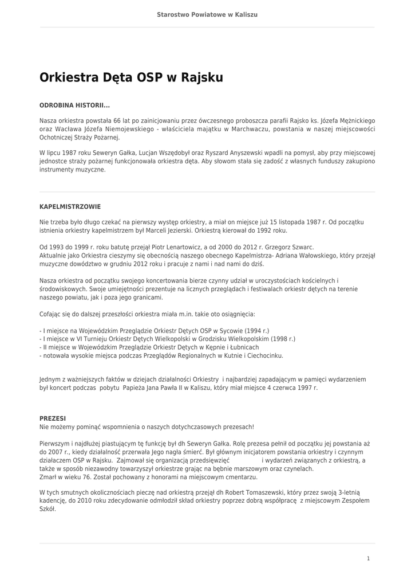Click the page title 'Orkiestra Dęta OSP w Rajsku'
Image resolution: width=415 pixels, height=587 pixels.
[x=131, y=77]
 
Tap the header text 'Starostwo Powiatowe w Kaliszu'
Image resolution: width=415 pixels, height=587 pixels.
[x=207, y=14]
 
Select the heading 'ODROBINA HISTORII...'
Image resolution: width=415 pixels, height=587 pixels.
[x=74, y=106]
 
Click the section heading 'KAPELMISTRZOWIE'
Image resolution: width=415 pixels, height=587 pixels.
[x=70, y=206]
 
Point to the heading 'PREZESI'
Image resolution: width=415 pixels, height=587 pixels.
[x=53, y=418]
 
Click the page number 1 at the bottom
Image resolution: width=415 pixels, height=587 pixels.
[x=368, y=558]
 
